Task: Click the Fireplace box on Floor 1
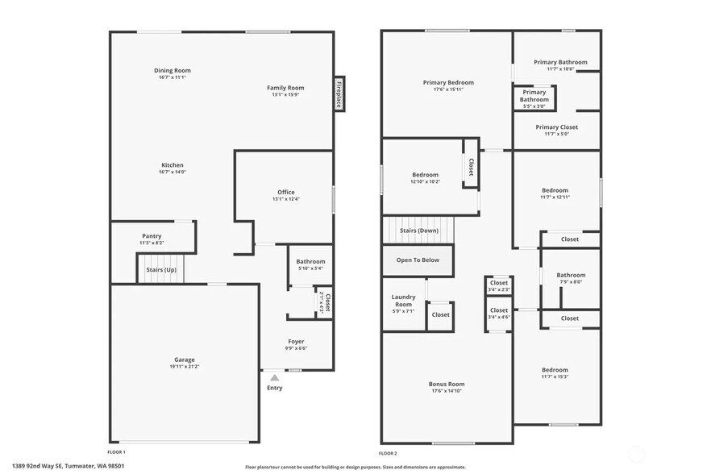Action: click(x=339, y=94)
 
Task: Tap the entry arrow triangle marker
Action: click(x=275, y=376)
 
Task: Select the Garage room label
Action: click(x=185, y=360)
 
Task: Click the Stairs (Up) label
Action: click(x=161, y=269)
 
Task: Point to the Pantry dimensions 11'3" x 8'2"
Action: click(x=152, y=243)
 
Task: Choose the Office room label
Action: click(x=286, y=192)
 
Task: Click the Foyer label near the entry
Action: click(x=296, y=341)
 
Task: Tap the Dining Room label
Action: click(x=173, y=70)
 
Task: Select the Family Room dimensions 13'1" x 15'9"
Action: click(x=285, y=94)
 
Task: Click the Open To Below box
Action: click(x=418, y=260)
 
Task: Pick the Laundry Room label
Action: click(x=403, y=300)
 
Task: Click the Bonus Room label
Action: click(x=447, y=384)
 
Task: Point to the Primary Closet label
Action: click(x=557, y=127)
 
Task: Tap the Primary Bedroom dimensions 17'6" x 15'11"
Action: click(x=448, y=89)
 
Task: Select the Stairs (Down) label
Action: click(x=418, y=231)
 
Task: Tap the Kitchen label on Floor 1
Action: click(x=173, y=165)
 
